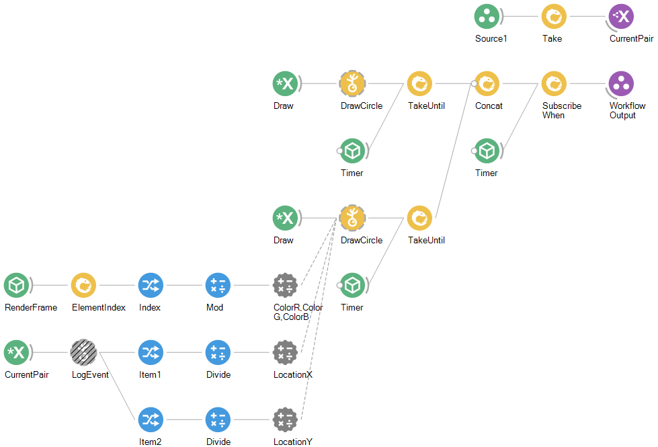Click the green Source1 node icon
point(487,17)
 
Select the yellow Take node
point(554,17)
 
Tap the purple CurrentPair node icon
point(621,17)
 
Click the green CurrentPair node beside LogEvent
point(16,353)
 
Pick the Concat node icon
point(487,84)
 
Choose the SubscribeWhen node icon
point(554,84)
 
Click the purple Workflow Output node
point(621,84)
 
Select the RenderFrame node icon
point(16,286)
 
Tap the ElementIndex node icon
point(83,286)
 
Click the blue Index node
point(151,286)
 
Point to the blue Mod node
point(218,286)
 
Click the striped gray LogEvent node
point(83,353)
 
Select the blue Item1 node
point(151,353)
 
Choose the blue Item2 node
point(151,420)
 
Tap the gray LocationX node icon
point(285,353)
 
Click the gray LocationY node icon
point(285,420)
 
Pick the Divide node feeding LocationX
point(218,353)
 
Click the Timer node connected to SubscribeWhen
point(487,151)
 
